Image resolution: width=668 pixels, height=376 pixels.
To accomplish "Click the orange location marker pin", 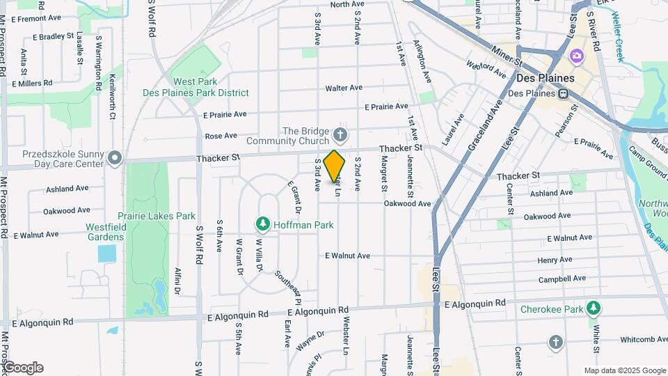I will (335, 166).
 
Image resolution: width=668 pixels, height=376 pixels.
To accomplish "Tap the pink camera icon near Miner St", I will (576, 55).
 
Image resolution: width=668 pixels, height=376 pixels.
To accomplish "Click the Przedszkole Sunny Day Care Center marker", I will (116, 159).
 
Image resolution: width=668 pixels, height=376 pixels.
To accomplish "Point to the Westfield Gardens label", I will (105, 232).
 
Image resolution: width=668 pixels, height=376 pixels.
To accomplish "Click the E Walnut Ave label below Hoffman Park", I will (348, 256).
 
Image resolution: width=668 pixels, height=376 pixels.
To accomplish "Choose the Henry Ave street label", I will (555, 260).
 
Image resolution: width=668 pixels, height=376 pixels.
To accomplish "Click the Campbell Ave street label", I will (562, 279).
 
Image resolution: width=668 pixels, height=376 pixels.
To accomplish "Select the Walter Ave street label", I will (344, 88).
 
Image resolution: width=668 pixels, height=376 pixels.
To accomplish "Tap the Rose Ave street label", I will (221, 136).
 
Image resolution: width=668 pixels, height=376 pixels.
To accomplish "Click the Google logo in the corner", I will (22, 368).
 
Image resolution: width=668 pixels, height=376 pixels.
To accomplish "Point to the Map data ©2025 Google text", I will (624, 370).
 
